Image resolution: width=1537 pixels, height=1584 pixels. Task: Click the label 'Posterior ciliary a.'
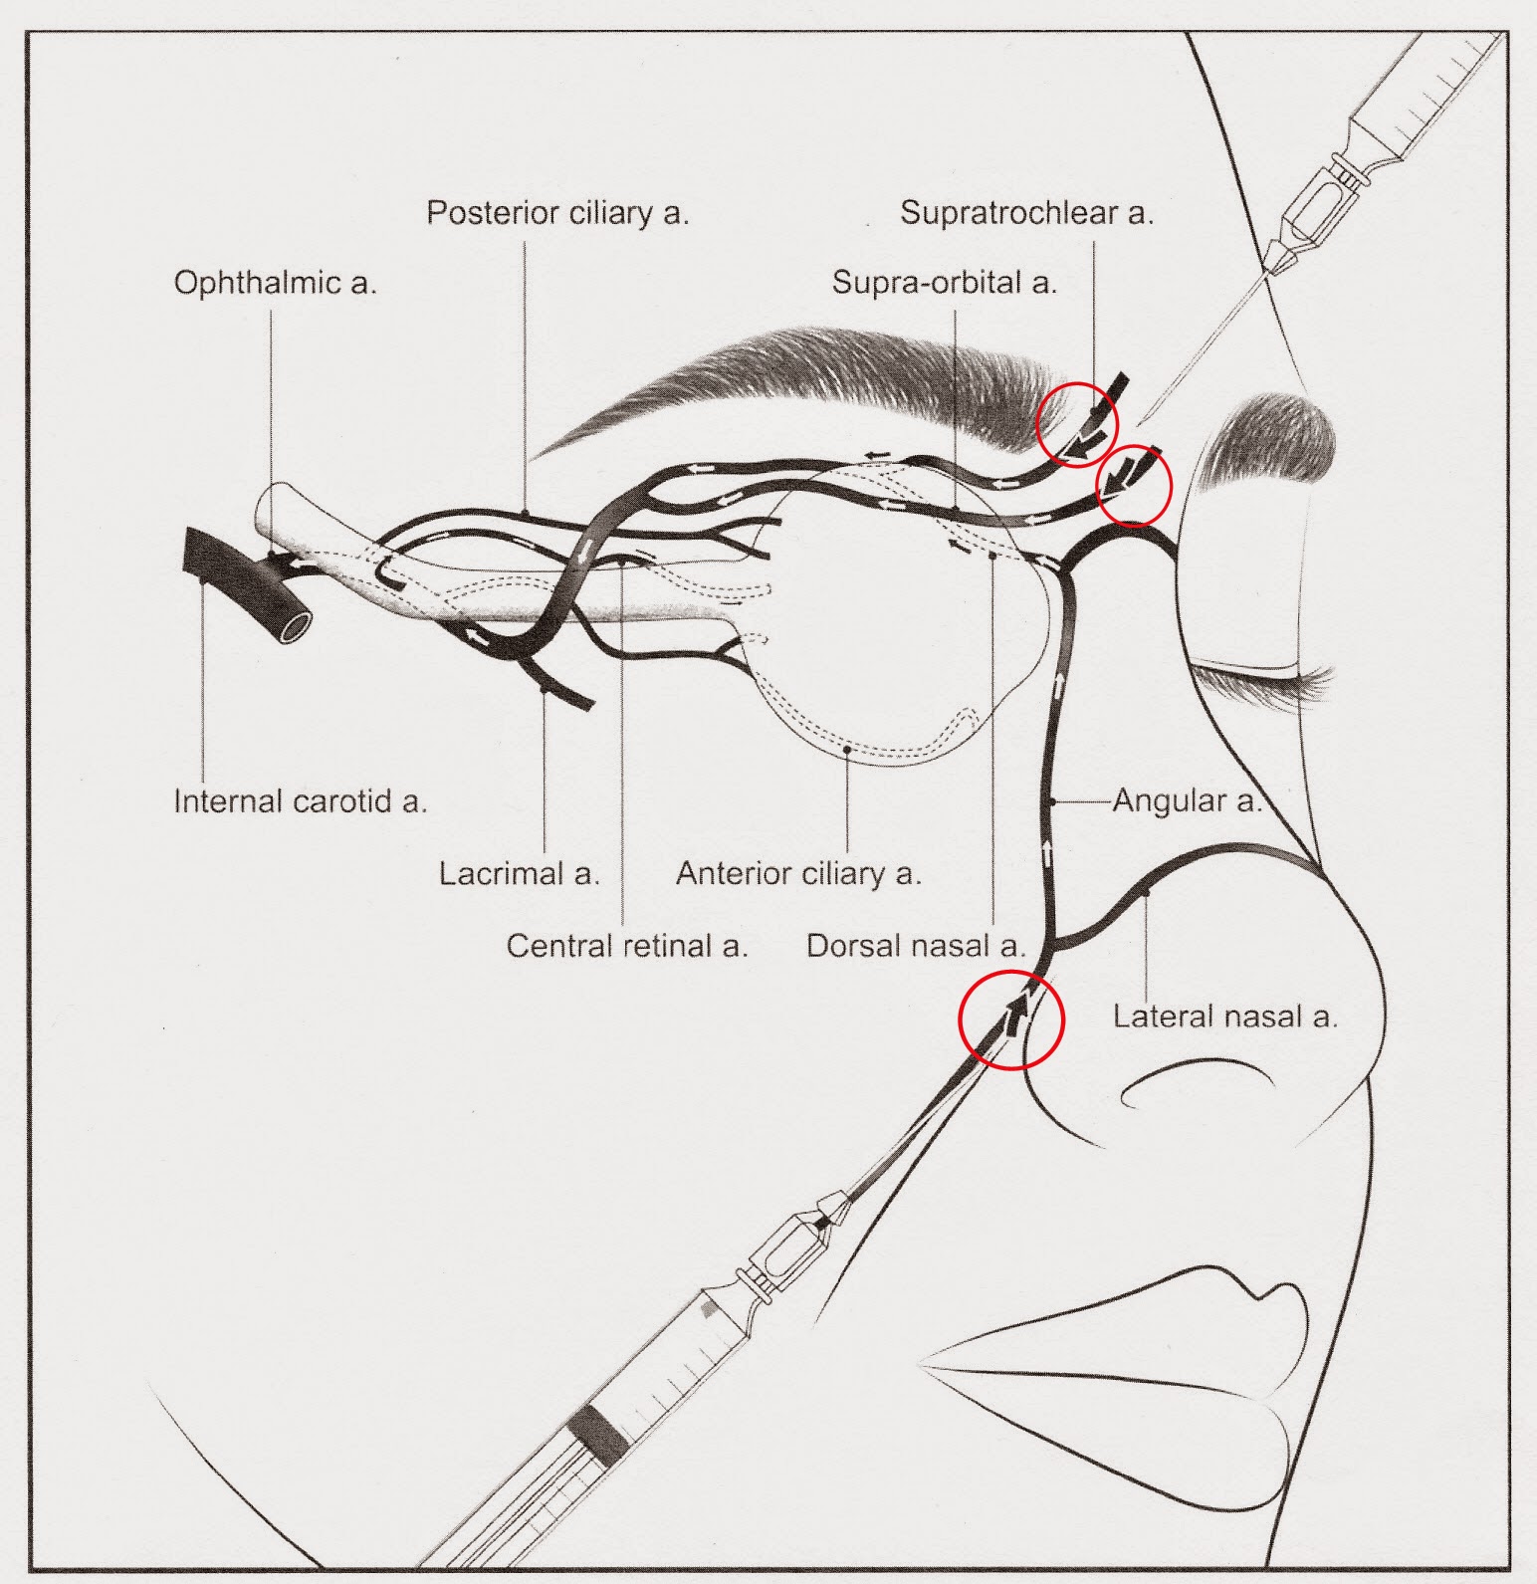(557, 213)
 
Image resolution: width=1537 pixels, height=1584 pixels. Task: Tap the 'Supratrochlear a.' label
(1026, 213)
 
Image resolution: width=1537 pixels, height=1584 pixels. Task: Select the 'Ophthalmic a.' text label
(276, 283)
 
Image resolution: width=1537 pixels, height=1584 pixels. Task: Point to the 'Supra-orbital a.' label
(944, 283)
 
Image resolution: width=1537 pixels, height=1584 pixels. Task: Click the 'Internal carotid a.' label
(300, 801)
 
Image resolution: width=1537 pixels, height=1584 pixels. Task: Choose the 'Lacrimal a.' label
(520, 874)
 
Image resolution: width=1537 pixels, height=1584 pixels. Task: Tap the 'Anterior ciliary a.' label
(798, 874)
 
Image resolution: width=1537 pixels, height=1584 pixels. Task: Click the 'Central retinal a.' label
(626, 946)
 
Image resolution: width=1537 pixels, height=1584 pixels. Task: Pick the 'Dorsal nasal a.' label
(915, 946)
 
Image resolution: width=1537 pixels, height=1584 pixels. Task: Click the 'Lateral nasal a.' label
(1224, 1017)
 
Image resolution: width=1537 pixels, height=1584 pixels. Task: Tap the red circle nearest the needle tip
(1133, 485)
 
